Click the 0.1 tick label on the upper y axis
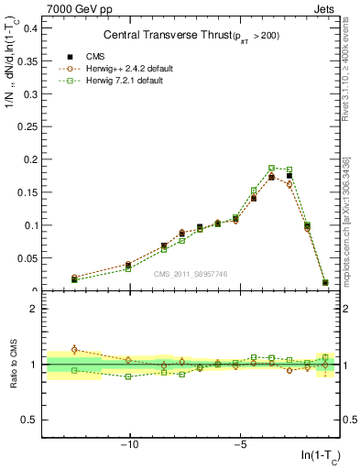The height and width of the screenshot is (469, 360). tap(31, 225)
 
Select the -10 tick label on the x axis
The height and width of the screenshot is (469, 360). tap(130, 444)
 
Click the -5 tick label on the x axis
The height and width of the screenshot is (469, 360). tap(240, 444)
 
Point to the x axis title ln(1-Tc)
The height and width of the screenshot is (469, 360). tap(321, 455)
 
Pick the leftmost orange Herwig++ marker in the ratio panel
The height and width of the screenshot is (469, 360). tap(74, 349)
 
